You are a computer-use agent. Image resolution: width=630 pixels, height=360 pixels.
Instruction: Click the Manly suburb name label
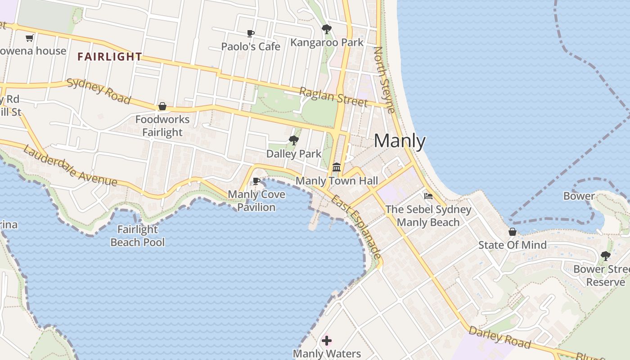400,141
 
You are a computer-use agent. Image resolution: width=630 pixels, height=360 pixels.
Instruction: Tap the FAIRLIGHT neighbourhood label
109,57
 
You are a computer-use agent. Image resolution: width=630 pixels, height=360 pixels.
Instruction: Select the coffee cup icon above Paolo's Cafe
251,34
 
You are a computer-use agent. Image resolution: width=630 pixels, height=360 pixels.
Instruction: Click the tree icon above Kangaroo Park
327,30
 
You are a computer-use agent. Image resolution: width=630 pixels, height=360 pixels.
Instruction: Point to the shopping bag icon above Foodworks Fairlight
162,107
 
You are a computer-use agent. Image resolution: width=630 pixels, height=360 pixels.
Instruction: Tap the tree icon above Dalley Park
294,140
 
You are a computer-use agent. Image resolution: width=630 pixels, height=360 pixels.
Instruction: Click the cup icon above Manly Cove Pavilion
256,181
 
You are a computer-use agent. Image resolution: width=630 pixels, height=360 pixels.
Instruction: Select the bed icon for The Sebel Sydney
428,196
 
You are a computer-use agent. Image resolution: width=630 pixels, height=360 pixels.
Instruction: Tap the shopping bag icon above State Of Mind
512,232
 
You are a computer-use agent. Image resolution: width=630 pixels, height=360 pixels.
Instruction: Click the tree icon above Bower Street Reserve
605,256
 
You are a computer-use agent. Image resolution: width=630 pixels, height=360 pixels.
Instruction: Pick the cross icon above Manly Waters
327,341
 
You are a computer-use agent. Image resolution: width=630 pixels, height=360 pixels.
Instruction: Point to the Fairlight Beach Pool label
138,236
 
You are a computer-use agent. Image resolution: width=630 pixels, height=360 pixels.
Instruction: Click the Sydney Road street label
99,91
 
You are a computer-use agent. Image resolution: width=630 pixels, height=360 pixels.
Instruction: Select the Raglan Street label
333,97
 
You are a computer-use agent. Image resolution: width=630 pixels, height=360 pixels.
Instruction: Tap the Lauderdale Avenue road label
70,166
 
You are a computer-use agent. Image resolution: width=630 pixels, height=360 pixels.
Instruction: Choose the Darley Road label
499,337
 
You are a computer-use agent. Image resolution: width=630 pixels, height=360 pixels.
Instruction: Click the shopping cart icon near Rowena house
30,38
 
